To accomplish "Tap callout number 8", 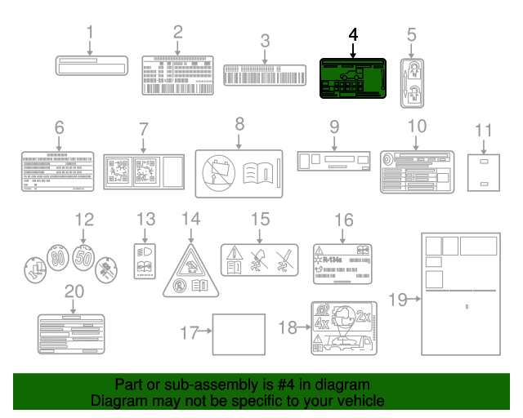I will click(x=239, y=125).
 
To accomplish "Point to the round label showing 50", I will click(x=83, y=258).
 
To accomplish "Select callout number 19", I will click(x=397, y=300).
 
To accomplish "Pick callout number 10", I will click(x=417, y=127).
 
